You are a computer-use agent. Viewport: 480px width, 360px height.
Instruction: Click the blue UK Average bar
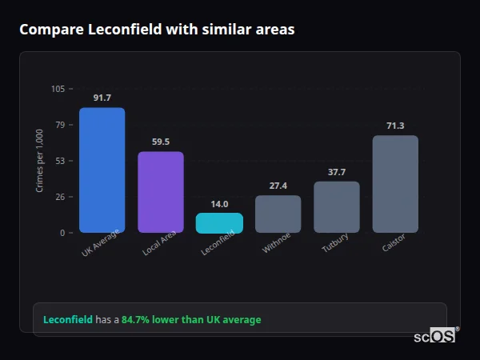(x=102, y=170)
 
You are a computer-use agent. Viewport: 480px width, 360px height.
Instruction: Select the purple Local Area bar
(x=160, y=192)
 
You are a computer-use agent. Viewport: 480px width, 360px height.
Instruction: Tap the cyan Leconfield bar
(x=219, y=222)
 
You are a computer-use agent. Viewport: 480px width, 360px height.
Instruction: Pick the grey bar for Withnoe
(x=278, y=214)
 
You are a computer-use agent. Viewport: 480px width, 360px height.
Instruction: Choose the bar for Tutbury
(x=336, y=206)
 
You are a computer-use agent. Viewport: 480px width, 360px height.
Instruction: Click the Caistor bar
(x=395, y=184)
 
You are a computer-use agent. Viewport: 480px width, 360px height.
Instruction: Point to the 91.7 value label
(x=102, y=98)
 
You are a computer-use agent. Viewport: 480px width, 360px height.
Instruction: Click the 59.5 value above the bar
(x=160, y=142)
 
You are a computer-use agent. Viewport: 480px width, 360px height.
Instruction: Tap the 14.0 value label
(x=219, y=204)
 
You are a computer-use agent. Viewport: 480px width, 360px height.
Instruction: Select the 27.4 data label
(x=278, y=186)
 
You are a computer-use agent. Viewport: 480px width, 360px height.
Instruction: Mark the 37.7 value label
(x=336, y=172)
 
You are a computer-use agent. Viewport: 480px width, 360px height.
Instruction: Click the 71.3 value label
(x=395, y=126)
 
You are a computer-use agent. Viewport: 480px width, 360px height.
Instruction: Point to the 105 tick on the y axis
(x=58, y=89)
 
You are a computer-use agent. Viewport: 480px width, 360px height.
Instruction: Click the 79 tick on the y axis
(x=60, y=125)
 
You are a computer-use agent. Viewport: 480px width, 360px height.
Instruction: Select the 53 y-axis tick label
(x=60, y=161)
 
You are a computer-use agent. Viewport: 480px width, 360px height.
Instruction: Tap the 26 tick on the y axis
(x=60, y=197)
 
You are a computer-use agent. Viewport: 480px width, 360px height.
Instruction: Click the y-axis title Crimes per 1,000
(x=39, y=161)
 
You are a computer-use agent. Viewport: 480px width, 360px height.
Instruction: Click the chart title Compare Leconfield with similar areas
(x=157, y=30)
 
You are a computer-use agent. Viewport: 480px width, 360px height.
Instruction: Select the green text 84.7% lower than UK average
(x=191, y=320)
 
